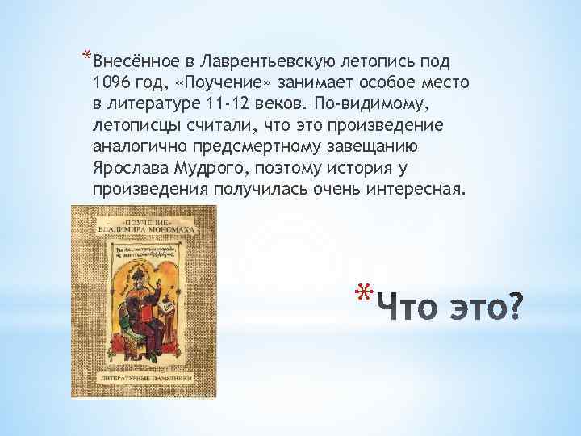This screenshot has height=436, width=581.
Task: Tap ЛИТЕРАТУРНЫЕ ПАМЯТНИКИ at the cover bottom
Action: [134, 377]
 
